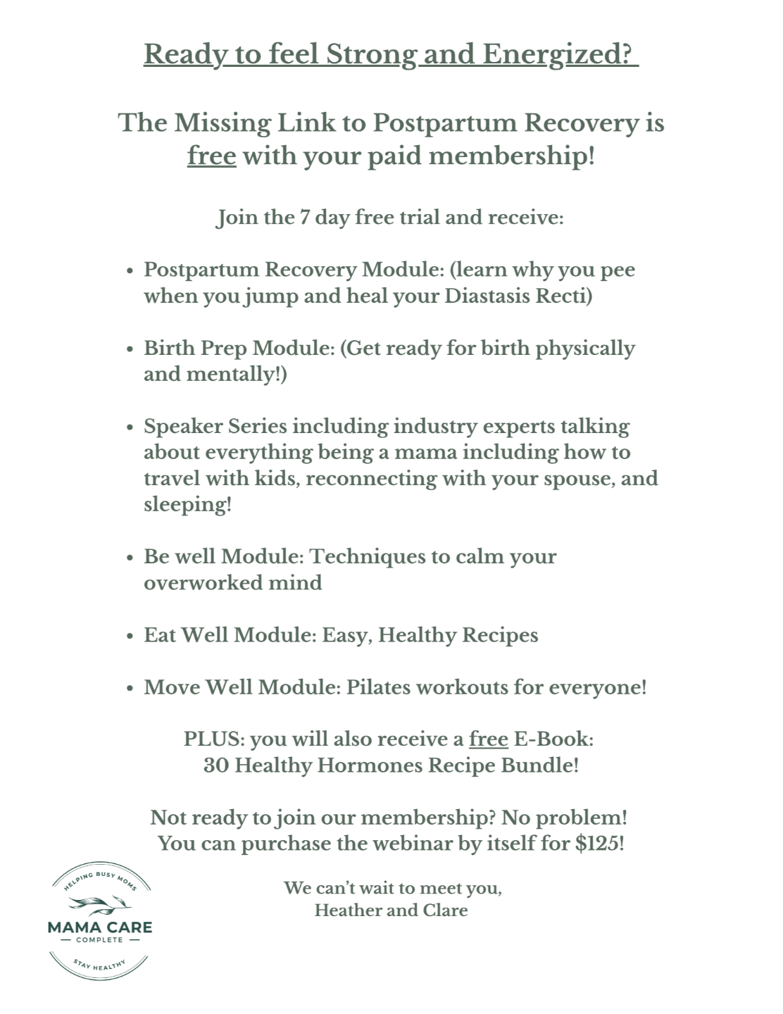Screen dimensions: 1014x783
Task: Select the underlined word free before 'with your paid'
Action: (211, 156)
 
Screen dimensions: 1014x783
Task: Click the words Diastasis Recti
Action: (518, 296)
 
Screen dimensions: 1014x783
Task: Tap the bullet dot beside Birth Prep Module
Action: (129, 349)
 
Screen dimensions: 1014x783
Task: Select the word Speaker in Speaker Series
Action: (178, 427)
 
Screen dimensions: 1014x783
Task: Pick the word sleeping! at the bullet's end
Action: (187, 505)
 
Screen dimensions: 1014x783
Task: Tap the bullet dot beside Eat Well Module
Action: (129, 636)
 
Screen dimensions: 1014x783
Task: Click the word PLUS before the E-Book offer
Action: (213, 739)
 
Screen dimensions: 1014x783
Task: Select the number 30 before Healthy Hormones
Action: (216, 765)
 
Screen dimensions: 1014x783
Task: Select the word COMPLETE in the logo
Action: (99, 939)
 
